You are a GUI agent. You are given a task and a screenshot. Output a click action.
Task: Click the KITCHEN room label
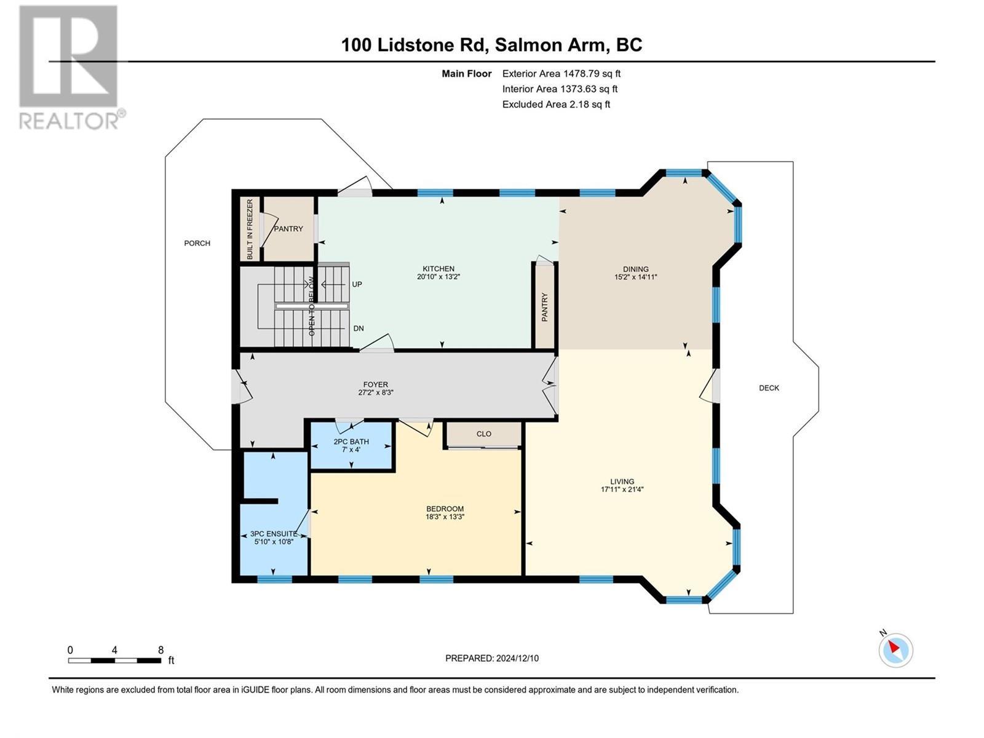[438, 269]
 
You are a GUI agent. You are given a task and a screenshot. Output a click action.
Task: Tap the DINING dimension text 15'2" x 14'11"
[635, 277]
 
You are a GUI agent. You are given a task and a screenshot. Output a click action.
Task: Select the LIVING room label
[622, 482]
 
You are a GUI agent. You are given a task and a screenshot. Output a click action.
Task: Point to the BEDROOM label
[445, 509]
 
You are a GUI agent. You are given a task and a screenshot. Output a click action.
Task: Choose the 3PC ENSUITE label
[274, 534]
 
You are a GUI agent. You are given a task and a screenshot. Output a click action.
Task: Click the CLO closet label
[484, 434]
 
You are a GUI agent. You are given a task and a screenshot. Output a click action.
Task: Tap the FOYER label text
[375, 385]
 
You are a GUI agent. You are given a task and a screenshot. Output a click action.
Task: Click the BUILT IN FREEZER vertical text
[250, 229]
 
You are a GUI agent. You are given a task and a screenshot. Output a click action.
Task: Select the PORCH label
[197, 244]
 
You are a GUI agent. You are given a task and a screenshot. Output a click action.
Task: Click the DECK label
[769, 388]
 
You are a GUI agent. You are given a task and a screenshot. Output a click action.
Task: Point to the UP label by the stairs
[357, 285]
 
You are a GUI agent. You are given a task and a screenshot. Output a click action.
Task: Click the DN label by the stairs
[359, 328]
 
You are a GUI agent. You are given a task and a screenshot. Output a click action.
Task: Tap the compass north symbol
[895, 649]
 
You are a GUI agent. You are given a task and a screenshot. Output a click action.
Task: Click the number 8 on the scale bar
[161, 650]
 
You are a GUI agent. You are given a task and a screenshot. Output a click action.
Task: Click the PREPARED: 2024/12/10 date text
[492, 658]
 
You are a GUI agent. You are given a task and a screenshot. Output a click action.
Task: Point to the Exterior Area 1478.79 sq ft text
[561, 74]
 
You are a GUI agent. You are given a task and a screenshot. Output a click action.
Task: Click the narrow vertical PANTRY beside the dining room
[544, 306]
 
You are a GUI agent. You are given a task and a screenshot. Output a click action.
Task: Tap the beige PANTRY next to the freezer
[288, 229]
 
